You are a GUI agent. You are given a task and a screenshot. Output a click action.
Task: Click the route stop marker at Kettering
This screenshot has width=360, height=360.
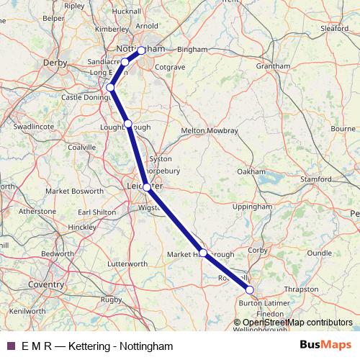250,290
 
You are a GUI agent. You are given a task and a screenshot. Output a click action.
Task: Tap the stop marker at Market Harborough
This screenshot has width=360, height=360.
204,253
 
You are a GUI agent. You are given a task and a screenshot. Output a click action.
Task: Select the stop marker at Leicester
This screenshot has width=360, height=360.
147,187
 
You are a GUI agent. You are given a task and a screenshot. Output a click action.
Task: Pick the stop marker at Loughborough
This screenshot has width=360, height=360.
128,124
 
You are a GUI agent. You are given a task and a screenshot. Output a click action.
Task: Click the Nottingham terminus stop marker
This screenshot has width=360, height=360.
142,50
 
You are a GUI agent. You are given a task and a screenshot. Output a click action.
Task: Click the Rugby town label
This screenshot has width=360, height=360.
112,299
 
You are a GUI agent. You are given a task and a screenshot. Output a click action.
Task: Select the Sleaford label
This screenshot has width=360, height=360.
334,29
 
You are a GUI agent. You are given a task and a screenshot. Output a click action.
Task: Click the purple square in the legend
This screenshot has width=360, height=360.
10,346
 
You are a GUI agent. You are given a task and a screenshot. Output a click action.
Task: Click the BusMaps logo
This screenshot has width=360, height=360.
322,346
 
